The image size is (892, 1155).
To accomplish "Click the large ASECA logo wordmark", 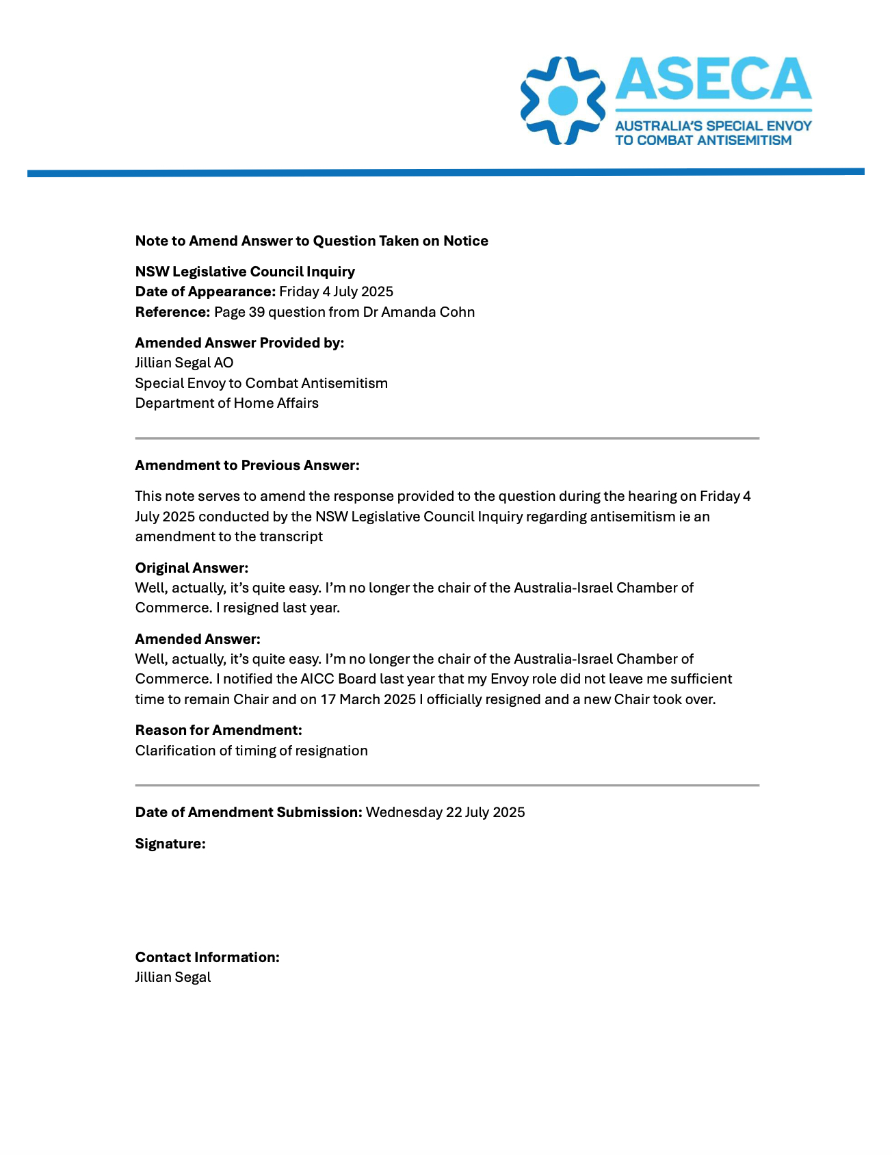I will [713, 79].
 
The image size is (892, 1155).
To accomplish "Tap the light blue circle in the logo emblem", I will [563, 100].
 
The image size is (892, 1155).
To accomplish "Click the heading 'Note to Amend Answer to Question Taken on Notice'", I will [311, 241].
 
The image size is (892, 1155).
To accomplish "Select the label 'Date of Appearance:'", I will [205, 291].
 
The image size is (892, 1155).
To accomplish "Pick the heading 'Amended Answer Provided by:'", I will [239, 343].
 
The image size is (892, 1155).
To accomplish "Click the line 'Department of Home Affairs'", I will [226, 403].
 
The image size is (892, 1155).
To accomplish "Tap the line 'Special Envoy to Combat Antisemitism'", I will [261, 383].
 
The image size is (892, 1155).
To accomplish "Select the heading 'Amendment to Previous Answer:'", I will [247, 465].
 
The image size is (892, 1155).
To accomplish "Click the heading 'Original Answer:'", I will [192, 568].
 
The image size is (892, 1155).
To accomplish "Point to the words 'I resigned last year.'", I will [278, 608].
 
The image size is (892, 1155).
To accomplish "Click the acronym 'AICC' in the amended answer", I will [317, 679].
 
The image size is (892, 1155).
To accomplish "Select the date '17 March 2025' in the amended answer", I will [368, 699].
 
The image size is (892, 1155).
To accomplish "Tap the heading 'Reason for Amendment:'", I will [218, 730].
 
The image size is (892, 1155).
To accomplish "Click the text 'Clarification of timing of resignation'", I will [251, 751].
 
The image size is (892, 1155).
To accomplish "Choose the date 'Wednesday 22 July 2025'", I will [445, 812].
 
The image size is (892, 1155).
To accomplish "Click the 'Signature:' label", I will [170, 844].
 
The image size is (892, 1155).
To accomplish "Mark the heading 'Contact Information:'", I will [207, 957].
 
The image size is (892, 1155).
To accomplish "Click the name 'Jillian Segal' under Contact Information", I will [173, 977].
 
